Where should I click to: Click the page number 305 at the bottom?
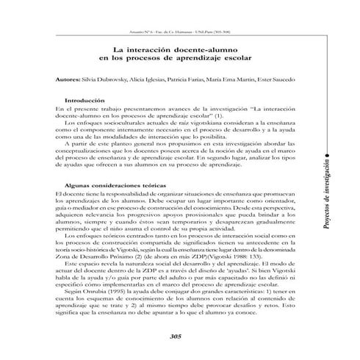[x=174, y=336]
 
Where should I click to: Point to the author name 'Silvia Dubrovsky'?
[x=107, y=78]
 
